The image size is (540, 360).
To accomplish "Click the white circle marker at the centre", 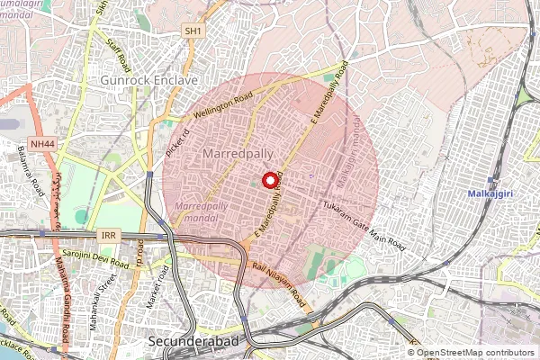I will click(x=269, y=180).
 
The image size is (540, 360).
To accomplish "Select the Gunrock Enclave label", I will click(x=149, y=80).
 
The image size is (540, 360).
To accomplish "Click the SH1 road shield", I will click(x=191, y=31).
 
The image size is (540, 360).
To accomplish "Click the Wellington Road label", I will click(x=219, y=107).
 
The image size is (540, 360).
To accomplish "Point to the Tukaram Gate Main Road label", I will click(x=364, y=226).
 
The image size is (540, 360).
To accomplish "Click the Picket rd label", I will click(x=174, y=144).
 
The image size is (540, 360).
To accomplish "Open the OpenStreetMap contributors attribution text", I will click(x=476, y=353).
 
